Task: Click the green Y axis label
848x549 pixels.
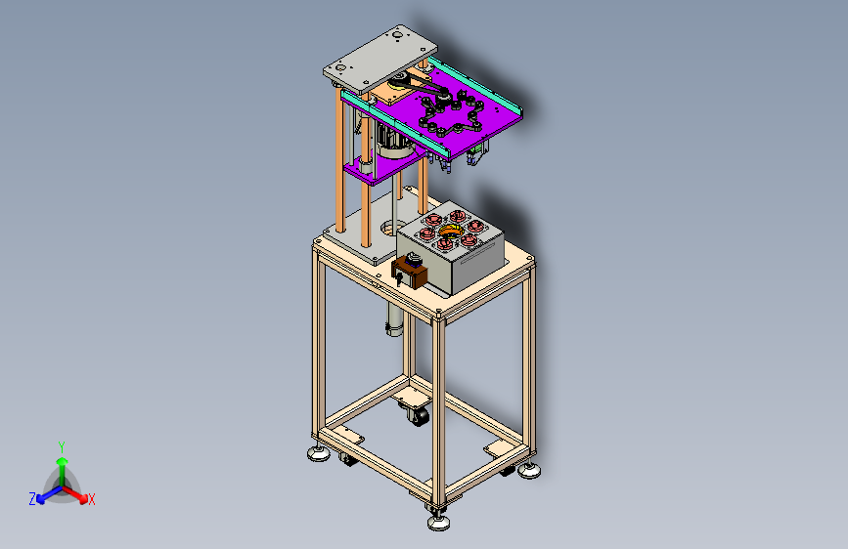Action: click(x=62, y=447)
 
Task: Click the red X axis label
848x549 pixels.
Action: click(x=91, y=500)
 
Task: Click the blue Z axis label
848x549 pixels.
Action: click(x=32, y=499)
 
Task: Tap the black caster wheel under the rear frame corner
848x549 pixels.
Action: click(x=418, y=416)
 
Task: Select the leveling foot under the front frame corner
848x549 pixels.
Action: click(x=438, y=522)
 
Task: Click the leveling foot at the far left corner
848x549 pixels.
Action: click(x=319, y=453)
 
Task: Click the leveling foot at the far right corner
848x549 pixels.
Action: click(x=529, y=470)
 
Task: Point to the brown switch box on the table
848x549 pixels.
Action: click(x=410, y=274)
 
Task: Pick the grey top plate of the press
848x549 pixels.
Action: click(x=380, y=59)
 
